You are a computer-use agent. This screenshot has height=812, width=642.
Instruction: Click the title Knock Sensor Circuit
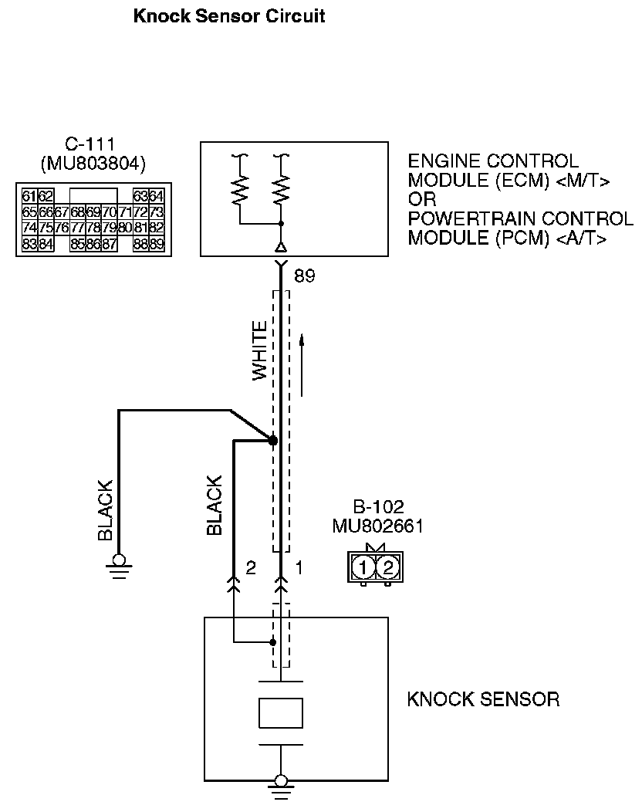point(229,15)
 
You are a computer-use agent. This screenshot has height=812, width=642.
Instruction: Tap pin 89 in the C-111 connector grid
point(156,245)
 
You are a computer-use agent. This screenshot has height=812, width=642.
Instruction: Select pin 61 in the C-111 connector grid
point(29,195)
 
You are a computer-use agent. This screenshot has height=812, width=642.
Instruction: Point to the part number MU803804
point(93,163)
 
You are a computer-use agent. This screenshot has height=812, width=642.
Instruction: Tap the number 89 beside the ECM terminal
point(305,276)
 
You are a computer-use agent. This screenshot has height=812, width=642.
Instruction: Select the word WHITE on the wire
point(261,350)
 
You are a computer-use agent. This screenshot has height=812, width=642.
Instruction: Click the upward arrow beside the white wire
point(302,363)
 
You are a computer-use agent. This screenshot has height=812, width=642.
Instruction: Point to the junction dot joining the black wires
point(272,440)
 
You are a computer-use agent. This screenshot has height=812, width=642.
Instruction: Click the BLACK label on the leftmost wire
point(105,509)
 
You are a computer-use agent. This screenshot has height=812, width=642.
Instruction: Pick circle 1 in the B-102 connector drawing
point(363,568)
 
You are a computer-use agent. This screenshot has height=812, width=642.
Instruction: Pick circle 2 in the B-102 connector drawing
point(388,568)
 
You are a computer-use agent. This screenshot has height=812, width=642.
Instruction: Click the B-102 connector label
point(378,508)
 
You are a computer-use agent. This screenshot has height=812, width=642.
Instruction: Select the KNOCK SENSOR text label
point(483,700)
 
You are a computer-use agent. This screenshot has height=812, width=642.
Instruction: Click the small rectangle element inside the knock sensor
point(281,712)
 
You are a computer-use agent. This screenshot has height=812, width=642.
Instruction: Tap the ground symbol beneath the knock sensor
point(281,786)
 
